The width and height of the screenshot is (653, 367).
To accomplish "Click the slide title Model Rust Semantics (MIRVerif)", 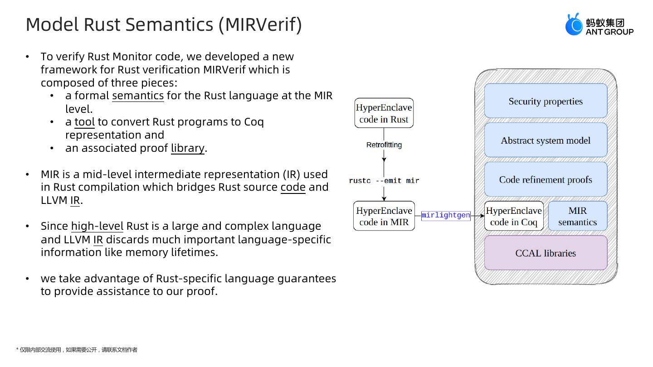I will point(164,24).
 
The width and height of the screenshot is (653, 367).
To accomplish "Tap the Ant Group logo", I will point(599,25).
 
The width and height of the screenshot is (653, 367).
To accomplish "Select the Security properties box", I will point(546,101).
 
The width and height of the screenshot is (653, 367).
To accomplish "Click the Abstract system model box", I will point(546,140).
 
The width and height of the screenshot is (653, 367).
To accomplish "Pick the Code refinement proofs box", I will point(546,180).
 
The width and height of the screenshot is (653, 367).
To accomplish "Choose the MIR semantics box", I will point(577,216).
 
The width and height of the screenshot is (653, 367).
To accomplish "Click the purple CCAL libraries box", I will point(546,253).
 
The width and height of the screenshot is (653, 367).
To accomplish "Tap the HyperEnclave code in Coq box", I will point(514,216).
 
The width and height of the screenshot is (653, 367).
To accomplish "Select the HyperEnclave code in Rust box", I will point(384,113).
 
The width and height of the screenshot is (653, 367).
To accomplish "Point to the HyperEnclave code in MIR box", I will point(384,216).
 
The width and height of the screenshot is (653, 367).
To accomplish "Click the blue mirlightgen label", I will point(446,215).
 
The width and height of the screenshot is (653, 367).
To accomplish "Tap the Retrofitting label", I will point(384,145).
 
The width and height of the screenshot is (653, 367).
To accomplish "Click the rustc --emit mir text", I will point(384,181).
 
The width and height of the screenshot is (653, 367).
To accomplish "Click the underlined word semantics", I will point(138,96).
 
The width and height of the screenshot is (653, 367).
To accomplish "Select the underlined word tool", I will point(84,122).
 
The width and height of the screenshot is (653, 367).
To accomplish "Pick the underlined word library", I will point(187,148).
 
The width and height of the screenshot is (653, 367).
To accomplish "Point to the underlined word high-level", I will point(97,226).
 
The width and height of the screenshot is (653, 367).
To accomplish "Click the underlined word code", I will point(293,187).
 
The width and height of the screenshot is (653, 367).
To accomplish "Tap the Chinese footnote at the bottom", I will point(77,350).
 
